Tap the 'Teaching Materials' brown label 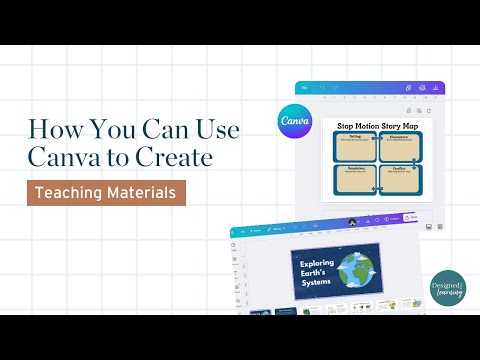pyautogui.click(x=107, y=190)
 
